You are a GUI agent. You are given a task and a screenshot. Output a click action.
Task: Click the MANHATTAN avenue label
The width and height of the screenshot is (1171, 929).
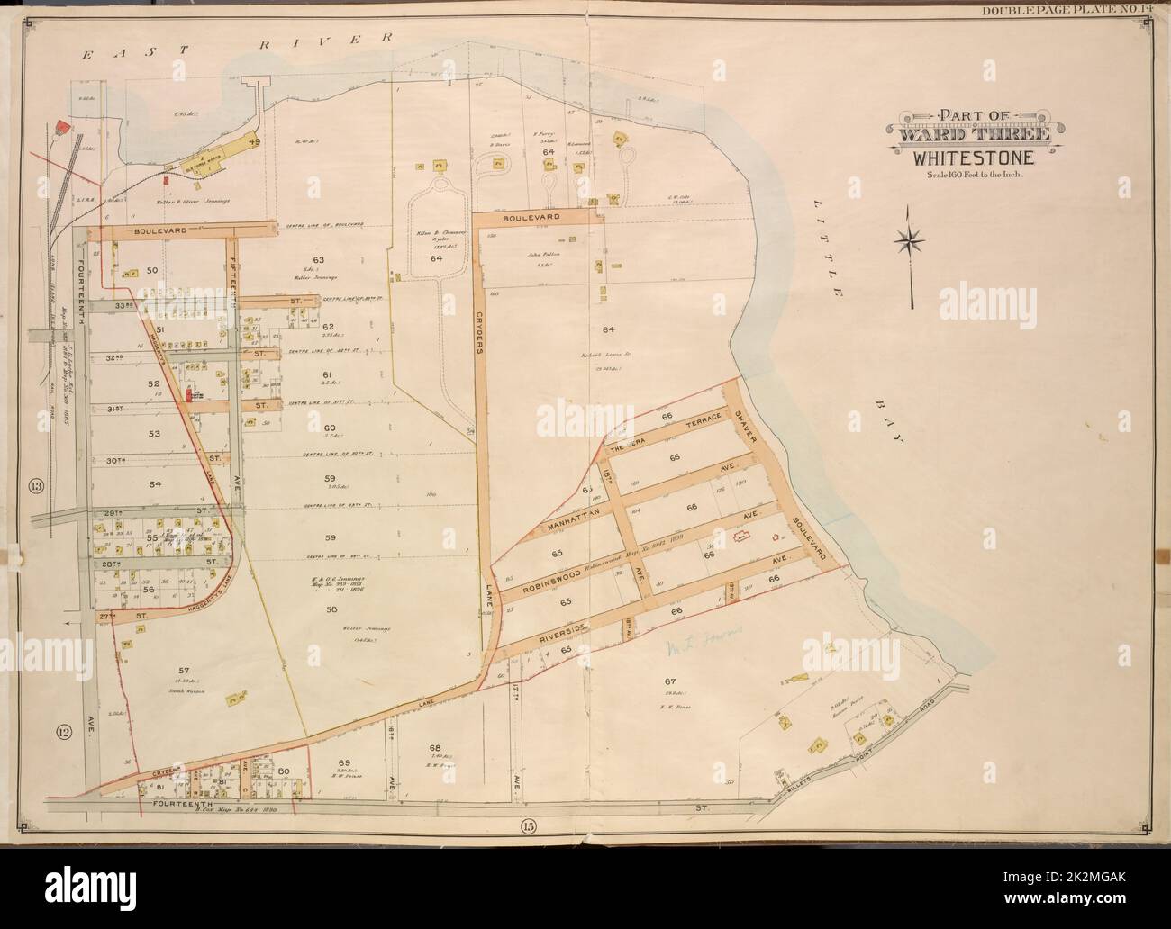click(578, 522)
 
